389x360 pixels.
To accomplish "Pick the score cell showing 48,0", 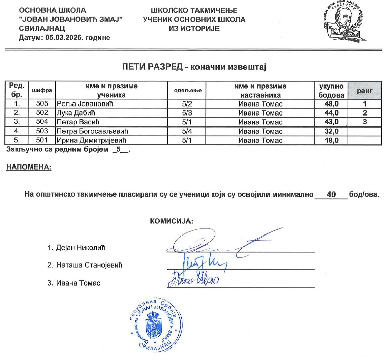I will click(x=331, y=104).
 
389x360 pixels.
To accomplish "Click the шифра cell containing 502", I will click(x=41, y=113).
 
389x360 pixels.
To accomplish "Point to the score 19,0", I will click(x=331, y=140).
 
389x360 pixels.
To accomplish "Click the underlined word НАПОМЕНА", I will click(x=29, y=168).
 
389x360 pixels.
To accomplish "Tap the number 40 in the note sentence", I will click(x=331, y=194).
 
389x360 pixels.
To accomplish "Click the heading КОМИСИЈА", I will click(x=172, y=221).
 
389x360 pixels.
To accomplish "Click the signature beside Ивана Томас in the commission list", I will click(x=195, y=279).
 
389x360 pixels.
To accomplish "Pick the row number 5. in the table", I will click(x=16, y=140).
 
